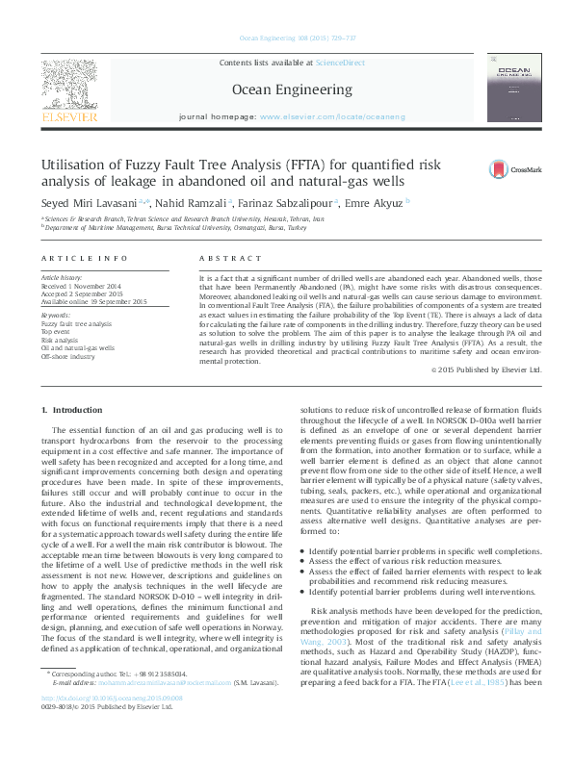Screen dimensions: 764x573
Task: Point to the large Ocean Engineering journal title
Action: click(279, 89)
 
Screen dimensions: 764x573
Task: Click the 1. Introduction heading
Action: click(67, 411)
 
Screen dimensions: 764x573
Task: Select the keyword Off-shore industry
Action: click(67, 356)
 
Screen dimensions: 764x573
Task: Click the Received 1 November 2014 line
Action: click(81, 286)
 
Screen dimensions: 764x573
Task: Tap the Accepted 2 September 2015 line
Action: click(82, 293)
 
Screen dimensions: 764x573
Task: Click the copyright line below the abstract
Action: click(460, 369)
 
